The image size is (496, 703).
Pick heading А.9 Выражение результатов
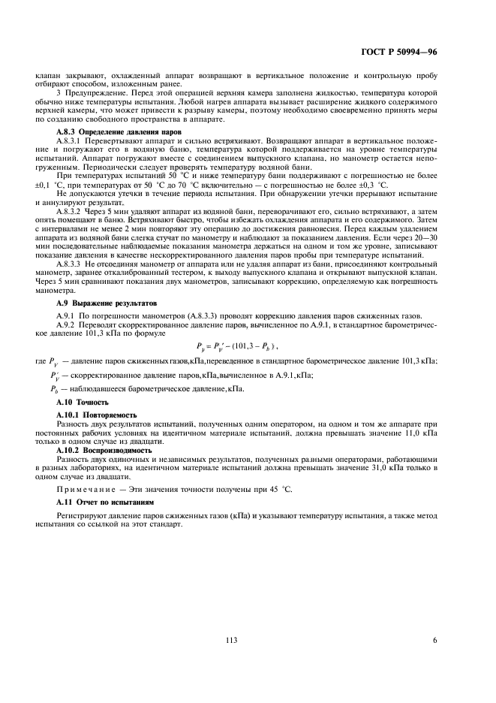98,300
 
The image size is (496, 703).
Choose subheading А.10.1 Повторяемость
95,414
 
